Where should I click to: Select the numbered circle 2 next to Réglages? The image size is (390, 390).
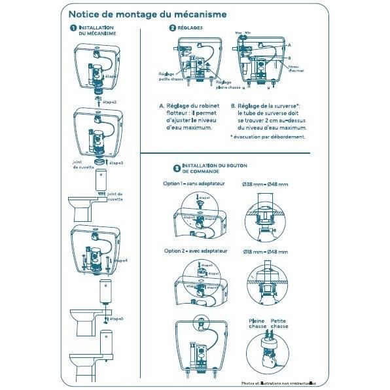tap(172, 28)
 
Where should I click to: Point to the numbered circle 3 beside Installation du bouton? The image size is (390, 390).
tap(177, 168)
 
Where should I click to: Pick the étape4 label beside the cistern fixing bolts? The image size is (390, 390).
tap(120, 260)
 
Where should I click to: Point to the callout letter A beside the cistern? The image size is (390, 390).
tap(289, 44)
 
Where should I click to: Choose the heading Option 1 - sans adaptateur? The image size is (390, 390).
tap(194, 184)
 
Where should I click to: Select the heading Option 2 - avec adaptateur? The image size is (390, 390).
tap(194, 251)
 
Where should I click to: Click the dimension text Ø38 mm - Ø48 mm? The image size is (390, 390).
tap(266, 185)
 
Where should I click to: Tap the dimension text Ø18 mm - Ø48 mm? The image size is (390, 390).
tap(266, 251)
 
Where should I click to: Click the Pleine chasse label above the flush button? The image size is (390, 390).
tap(256, 323)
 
